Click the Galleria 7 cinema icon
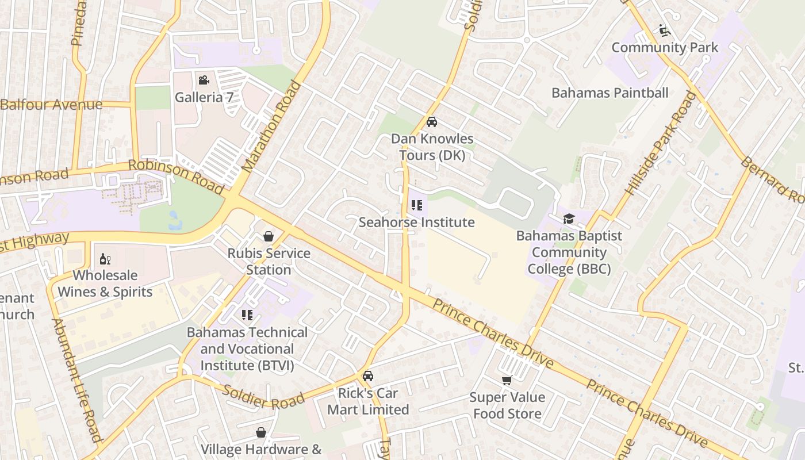(204, 80)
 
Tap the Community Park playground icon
(665, 30)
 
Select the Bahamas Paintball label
(609, 93)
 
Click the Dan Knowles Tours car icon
(432, 122)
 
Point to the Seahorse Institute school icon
(417, 205)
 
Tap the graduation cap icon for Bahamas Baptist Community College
(569, 218)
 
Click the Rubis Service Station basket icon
(268, 236)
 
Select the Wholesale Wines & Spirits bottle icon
(105, 259)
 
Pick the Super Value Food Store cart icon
(507, 380)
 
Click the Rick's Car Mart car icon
(368, 376)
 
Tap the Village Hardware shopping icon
(261, 432)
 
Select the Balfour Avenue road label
(52, 105)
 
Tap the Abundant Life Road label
(77, 379)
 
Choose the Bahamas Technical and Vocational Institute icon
(247, 315)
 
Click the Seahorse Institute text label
(417, 222)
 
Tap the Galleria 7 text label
(204, 97)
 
